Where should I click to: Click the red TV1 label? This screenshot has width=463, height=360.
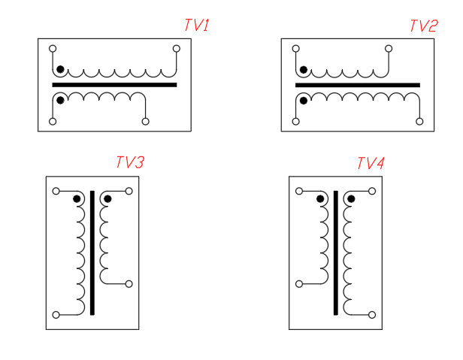tap(197, 25)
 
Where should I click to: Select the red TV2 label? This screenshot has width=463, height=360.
tap(424, 26)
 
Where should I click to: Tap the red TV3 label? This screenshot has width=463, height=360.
tap(130, 162)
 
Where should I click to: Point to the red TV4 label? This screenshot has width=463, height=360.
tap(371, 163)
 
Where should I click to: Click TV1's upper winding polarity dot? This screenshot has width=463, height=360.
tap(60, 69)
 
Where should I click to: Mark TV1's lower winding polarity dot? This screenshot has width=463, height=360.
tap(60, 101)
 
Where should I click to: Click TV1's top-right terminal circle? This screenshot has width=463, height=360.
tap(177, 48)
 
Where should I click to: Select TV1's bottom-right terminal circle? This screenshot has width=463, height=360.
tap(145, 122)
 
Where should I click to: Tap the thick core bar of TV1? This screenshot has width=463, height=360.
tap(114, 85)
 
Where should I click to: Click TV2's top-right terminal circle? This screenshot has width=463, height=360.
tap(389, 48)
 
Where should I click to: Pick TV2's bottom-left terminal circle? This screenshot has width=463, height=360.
tap(295, 122)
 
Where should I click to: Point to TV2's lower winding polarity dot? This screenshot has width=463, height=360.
tap(304, 101)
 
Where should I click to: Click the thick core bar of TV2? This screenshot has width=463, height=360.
tap(358, 85)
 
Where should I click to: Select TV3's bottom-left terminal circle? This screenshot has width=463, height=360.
tap(56, 315)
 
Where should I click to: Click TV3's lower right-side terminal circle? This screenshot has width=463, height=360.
tap(129, 284)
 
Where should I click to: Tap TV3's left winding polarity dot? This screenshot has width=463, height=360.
tap(77, 198)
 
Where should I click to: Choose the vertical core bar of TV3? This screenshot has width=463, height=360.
tap(92, 253)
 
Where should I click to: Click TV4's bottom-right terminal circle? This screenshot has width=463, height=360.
tap(372, 315)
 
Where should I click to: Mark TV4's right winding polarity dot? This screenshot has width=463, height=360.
tap(351, 198)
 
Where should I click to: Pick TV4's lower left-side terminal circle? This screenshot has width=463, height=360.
tap(299, 284)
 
